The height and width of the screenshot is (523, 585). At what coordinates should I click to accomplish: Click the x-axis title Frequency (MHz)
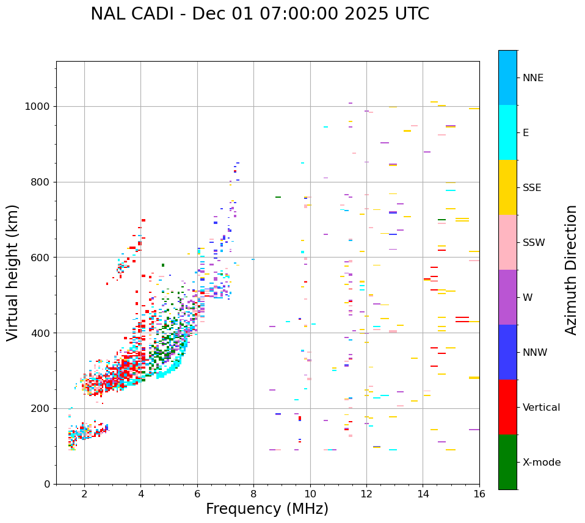pyautogui.click(x=267, y=509)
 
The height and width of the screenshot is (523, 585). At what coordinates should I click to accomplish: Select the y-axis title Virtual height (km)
pyautogui.click(x=13, y=273)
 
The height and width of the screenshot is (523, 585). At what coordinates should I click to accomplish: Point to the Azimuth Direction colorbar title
pyautogui.click(x=571, y=270)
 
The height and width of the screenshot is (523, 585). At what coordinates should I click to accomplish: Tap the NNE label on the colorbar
pyautogui.click(x=532, y=78)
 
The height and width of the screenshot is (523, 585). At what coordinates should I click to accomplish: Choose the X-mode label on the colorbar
pyautogui.click(x=541, y=463)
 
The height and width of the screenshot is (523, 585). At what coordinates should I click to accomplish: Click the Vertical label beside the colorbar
pyautogui.click(x=541, y=408)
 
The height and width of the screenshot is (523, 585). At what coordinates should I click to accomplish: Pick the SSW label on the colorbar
pyautogui.click(x=534, y=243)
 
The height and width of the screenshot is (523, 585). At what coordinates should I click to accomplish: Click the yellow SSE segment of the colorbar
pyautogui.click(x=507, y=187)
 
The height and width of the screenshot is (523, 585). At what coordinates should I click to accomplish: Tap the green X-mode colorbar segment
pyautogui.click(x=507, y=462)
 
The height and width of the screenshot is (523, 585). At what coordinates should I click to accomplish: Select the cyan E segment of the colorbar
pyautogui.click(x=507, y=132)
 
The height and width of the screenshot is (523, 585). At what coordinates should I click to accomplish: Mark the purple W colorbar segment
pyautogui.click(x=507, y=297)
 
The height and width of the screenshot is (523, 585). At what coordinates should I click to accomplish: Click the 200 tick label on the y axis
pyautogui.click(x=41, y=408)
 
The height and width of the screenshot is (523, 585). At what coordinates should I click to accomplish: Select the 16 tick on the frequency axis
pyautogui.click(x=479, y=494)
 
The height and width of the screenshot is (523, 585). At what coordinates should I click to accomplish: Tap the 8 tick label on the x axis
pyautogui.click(x=253, y=494)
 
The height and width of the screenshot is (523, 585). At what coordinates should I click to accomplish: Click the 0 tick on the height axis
pyautogui.click(x=47, y=484)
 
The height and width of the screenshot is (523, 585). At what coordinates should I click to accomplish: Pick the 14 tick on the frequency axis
pyautogui.click(x=423, y=494)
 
